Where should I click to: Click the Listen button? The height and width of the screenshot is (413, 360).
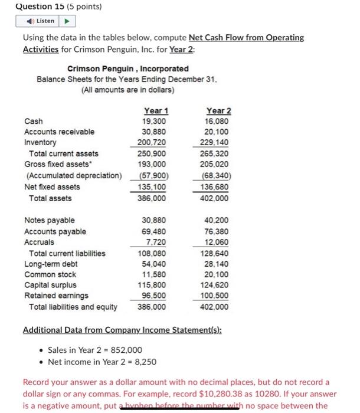click(41, 21)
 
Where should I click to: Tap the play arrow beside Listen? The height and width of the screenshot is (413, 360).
click(66, 21)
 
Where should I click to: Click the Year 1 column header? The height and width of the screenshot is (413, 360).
click(156, 111)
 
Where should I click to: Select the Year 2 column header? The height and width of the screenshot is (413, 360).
click(219, 111)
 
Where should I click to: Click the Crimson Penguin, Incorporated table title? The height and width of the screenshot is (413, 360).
click(128, 68)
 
